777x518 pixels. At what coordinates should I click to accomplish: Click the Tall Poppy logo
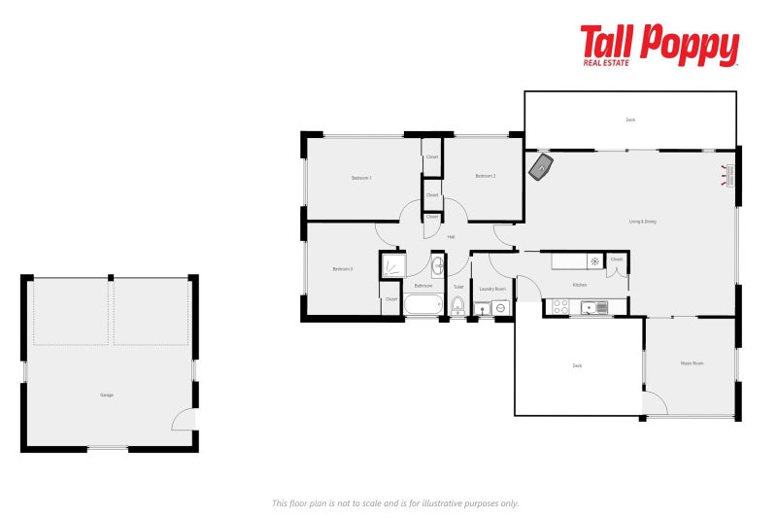(659, 46)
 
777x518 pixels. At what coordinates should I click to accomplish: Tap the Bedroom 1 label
(361, 178)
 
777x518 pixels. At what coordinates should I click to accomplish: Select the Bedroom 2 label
(486, 176)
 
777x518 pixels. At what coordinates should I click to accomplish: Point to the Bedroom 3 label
(342, 269)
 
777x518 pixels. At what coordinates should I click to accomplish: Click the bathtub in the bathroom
(423, 305)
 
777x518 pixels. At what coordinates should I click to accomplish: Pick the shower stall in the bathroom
(392, 265)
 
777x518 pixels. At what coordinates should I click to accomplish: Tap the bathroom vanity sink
(437, 265)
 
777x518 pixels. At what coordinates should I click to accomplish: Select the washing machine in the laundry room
(500, 308)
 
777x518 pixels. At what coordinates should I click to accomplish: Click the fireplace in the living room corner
(541, 167)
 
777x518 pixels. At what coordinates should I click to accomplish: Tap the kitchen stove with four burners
(560, 307)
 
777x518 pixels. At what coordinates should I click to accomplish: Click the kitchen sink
(593, 308)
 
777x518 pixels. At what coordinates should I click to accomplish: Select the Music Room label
(692, 363)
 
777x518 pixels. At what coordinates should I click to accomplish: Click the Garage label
(107, 395)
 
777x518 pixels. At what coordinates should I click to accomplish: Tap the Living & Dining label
(643, 222)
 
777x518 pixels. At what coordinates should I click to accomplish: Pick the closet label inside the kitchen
(617, 259)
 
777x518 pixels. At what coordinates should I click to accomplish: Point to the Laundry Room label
(493, 289)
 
